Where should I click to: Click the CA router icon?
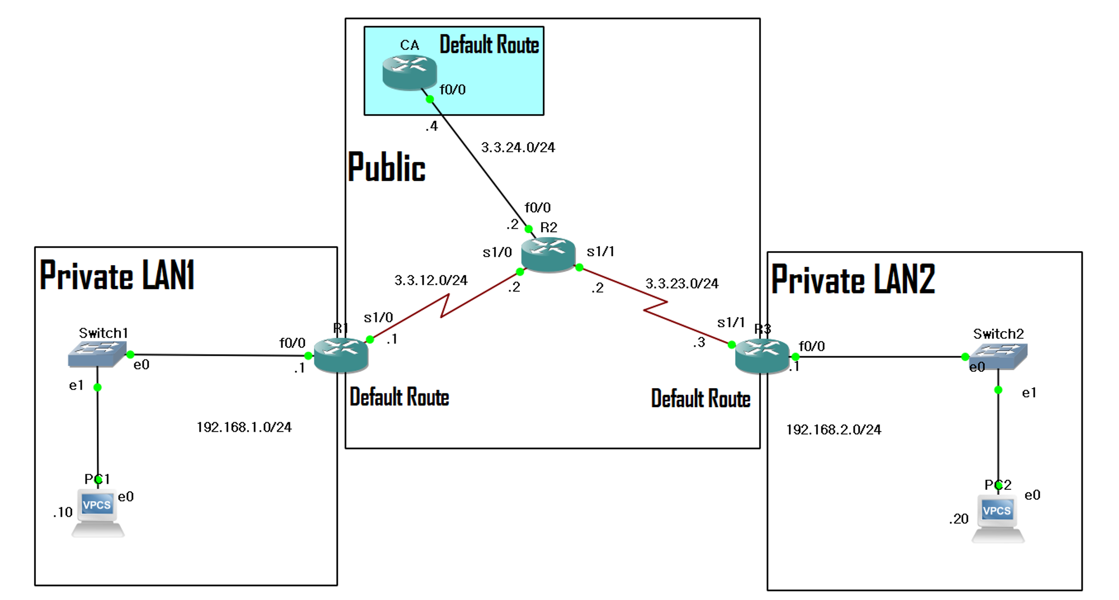click(x=409, y=72)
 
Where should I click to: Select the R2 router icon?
click(x=548, y=254)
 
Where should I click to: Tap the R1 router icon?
click(x=341, y=356)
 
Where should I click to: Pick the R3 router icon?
click(x=761, y=356)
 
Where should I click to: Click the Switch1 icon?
click(x=97, y=354)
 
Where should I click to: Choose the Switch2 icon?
click(x=998, y=356)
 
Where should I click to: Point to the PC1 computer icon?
click(x=97, y=512)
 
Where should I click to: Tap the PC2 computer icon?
click(x=998, y=518)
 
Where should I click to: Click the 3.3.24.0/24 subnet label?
click(x=518, y=148)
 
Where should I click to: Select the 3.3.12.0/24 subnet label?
click(x=430, y=280)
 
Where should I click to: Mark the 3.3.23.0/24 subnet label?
click(x=681, y=284)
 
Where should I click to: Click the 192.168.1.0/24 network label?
click(x=244, y=427)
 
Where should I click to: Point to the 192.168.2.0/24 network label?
click(x=833, y=429)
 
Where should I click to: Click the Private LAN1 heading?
click(x=117, y=276)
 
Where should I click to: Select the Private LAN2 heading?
click(x=853, y=280)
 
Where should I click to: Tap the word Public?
click(x=386, y=167)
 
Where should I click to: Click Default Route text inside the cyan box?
click(x=489, y=45)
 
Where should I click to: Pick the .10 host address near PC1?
click(x=63, y=512)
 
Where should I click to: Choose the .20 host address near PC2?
click(x=958, y=519)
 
